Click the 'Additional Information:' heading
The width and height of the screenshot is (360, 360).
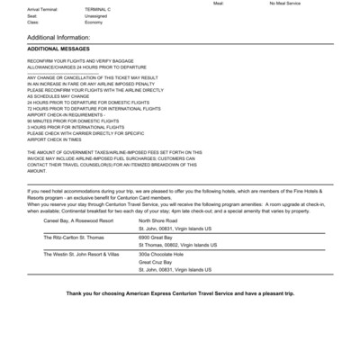coord(65,37)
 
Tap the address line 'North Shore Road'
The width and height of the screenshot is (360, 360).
coord(158,220)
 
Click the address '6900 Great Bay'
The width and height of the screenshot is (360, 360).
coord(156,237)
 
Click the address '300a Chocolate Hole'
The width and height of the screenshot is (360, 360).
coord(160,254)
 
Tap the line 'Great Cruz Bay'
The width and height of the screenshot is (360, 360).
coord(156,262)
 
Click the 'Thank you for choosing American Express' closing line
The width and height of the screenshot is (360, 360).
coord(181,294)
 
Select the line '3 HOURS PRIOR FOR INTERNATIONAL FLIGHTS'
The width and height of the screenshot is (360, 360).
coord(81,128)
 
